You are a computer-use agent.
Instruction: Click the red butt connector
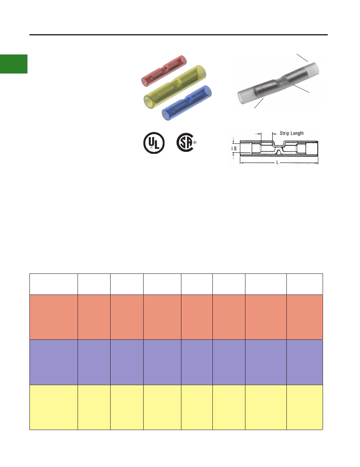(163, 71)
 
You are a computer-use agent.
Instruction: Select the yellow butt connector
(175, 87)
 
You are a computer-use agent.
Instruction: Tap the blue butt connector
(187, 103)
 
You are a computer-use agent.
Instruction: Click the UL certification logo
(154, 143)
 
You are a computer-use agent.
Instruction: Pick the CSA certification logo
(185, 142)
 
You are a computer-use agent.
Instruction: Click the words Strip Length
(292, 133)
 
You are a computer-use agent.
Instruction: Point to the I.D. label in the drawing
(235, 148)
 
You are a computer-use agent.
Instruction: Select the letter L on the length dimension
(277, 162)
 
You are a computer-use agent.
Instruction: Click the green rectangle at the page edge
(14, 64)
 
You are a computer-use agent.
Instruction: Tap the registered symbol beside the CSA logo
(195, 142)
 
